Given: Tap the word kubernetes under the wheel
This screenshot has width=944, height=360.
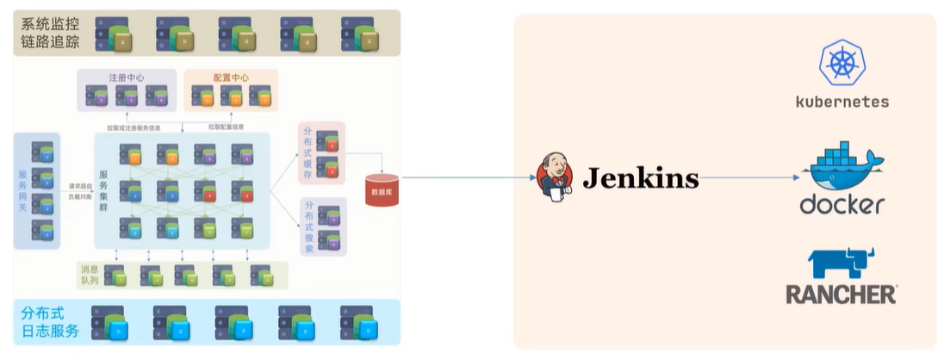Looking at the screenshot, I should click(842, 102).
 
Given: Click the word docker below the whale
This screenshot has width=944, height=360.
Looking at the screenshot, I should click(842, 205).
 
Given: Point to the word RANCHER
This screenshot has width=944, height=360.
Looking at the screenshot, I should click(841, 295).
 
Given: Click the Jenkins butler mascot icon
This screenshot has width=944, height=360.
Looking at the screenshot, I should click(555, 178).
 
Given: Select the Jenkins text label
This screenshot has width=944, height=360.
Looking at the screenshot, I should click(640, 178).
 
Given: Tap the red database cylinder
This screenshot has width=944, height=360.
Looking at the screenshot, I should click(381, 189).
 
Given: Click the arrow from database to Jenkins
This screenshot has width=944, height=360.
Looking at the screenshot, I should click(465, 178).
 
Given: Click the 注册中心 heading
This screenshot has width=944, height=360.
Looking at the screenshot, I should click(127, 78).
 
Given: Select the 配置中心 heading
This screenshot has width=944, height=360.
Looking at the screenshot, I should click(231, 78).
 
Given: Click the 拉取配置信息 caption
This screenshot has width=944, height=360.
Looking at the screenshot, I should click(226, 127).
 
